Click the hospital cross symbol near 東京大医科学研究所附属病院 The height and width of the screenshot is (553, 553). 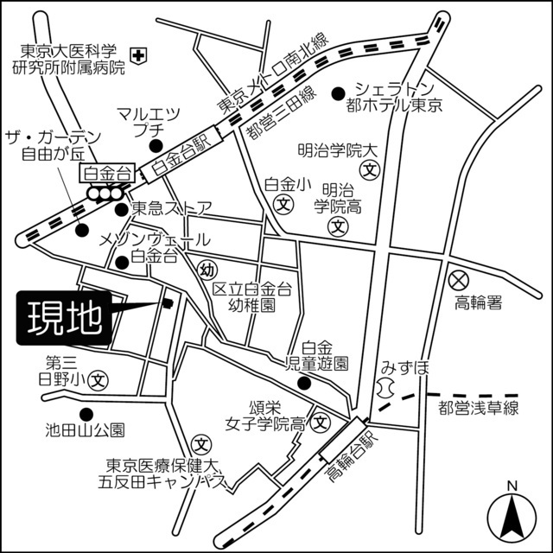tap(141, 54)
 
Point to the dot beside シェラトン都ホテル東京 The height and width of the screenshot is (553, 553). tap(339, 91)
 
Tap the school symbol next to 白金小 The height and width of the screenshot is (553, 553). tap(283, 204)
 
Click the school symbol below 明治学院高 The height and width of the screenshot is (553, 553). tap(339, 226)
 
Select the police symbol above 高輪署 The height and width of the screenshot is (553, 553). tap(458, 280)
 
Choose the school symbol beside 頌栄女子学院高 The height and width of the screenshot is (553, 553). tap(320, 423)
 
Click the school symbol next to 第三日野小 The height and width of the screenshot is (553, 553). tap(100, 378)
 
